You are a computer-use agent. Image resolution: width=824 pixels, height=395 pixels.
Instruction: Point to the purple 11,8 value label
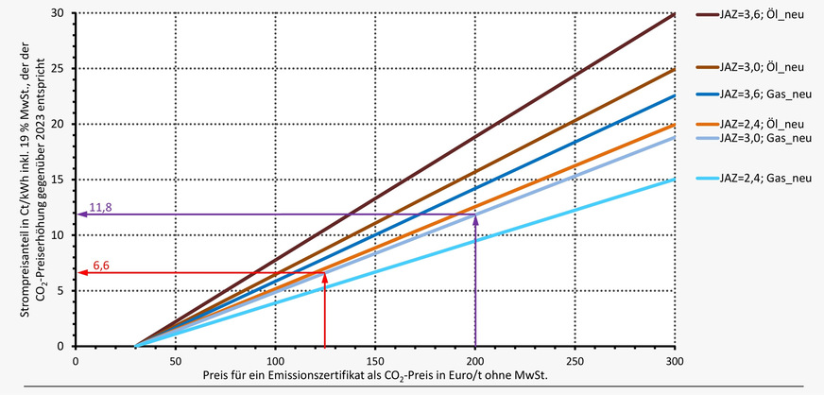tap(100, 206)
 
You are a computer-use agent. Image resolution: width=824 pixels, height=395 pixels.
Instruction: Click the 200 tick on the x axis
tap(475, 359)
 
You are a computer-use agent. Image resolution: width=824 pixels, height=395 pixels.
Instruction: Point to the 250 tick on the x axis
tap(575, 359)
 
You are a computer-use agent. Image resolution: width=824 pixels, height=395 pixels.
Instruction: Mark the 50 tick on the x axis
tap(176, 359)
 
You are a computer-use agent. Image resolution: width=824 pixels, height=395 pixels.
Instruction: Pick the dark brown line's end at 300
tap(675, 14)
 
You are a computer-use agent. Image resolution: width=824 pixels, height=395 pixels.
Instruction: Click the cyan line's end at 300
tap(675, 180)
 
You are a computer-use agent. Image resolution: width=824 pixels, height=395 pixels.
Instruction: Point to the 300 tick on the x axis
tap(675, 359)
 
